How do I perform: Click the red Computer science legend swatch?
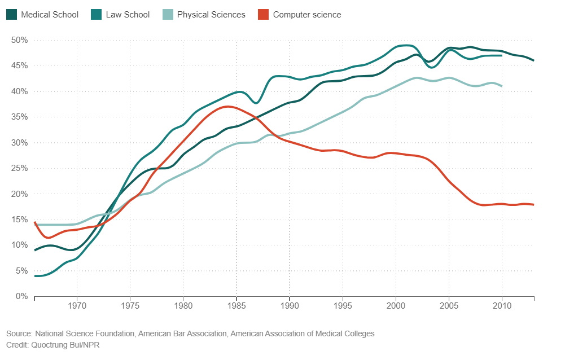pyautogui.click(x=263, y=15)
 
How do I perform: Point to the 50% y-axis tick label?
pyautogui.click(x=20, y=40)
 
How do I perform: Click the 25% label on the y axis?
pyautogui.click(x=20, y=168)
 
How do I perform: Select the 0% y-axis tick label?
pyautogui.click(x=21, y=296)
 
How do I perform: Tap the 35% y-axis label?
pyautogui.click(x=20, y=117)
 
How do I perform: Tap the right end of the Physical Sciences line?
pyautogui.click(x=502, y=86)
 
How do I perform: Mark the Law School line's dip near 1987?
pyautogui.click(x=256, y=103)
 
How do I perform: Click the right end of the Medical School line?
pyautogui.click(x=533, y=60)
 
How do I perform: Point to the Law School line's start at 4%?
pyautogui.click(x=36, y=276)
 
